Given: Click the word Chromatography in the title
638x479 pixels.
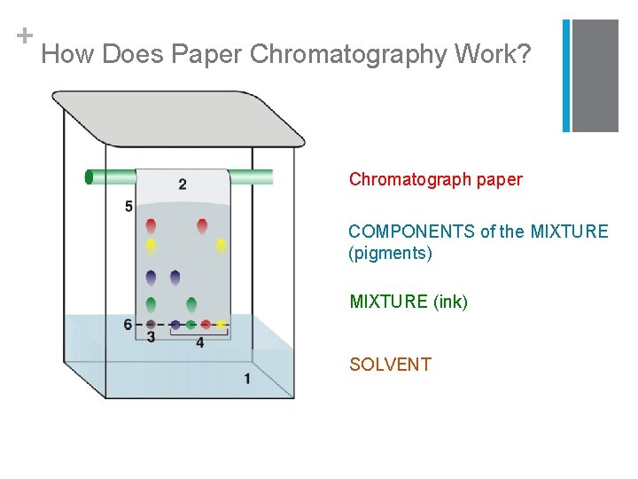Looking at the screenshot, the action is [348, 55].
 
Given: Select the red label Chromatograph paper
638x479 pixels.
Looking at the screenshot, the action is [435, 179].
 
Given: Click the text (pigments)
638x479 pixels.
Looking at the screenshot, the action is [390, 254].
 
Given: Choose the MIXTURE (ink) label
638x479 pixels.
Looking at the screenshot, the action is [408, 302].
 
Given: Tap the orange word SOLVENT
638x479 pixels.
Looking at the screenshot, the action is [390, 365].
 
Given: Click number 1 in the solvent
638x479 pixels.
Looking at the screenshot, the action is [247, 379].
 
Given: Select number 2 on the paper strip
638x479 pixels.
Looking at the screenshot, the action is [183, 185].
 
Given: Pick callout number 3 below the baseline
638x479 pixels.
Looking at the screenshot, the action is [152, 338].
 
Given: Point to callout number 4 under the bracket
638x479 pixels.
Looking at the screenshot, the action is [199, 342].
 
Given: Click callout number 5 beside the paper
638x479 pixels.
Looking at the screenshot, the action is [129, 206].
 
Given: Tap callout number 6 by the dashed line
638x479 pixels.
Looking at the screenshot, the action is [128, 325].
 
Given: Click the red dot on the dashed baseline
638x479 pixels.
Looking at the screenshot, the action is [206, 325].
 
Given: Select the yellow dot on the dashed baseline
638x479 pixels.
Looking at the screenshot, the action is [221, 325].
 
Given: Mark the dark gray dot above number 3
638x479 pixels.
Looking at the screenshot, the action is [152, 325].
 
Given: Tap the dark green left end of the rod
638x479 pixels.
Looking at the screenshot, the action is [89, 177].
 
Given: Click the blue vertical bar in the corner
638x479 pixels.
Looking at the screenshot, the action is [567, 75].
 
